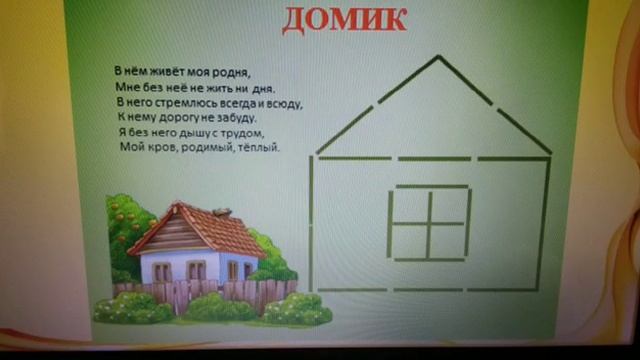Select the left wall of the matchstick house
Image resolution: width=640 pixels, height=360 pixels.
[313, 222]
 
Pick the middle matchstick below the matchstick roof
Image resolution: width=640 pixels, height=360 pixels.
[432, 158]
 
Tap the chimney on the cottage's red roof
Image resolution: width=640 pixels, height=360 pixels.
[223, 213]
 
